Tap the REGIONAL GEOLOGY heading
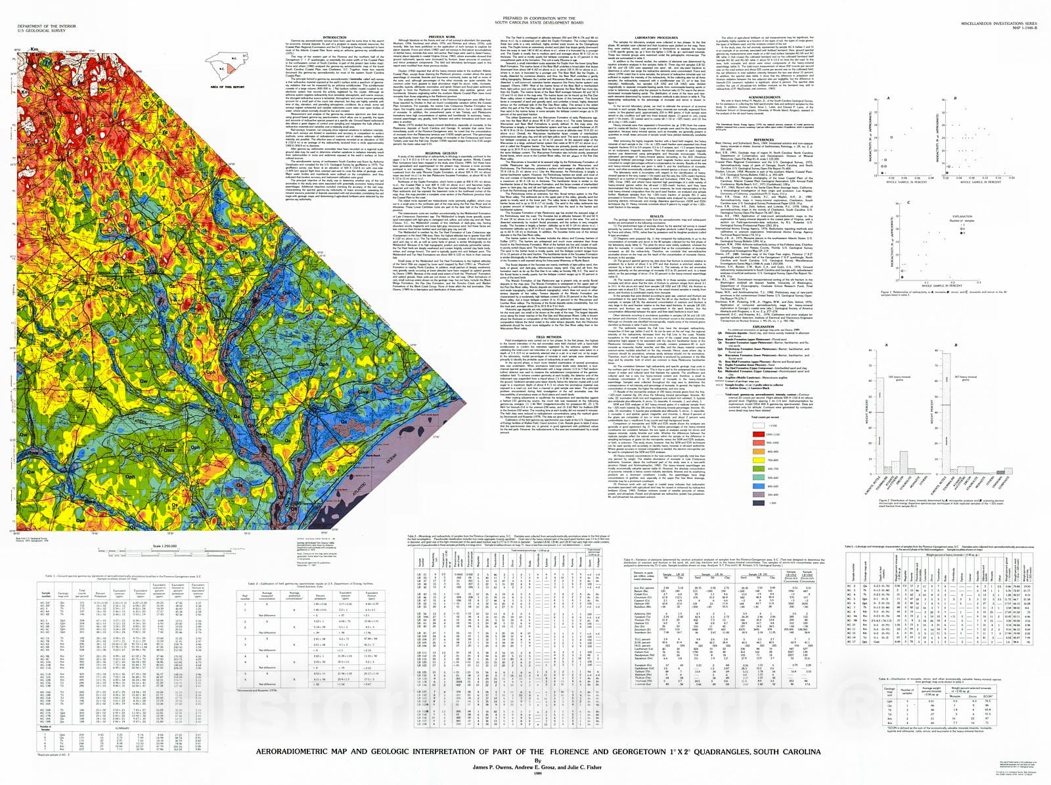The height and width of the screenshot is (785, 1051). click(x=441, y=152)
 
